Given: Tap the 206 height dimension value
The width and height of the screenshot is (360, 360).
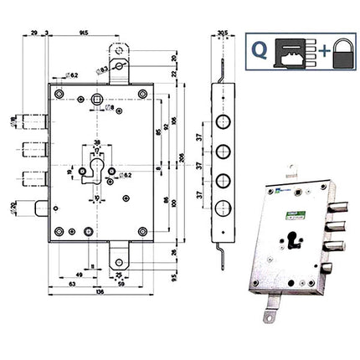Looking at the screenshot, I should pyautogui.click(x=182, y=158).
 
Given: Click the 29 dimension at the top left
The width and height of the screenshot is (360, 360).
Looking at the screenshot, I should pyautogui.click(x=33, y=33).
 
